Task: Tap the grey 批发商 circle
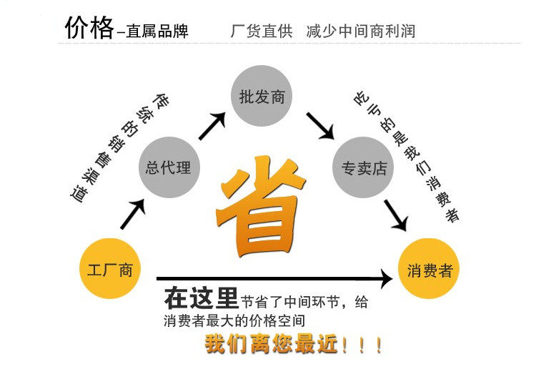[x=262, y=97]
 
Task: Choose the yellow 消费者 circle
[x=429, y=270]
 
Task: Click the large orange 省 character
[x=261, y=207]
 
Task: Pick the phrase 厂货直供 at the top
[x=261, y=31]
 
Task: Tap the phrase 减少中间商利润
[x=360, y=31]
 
